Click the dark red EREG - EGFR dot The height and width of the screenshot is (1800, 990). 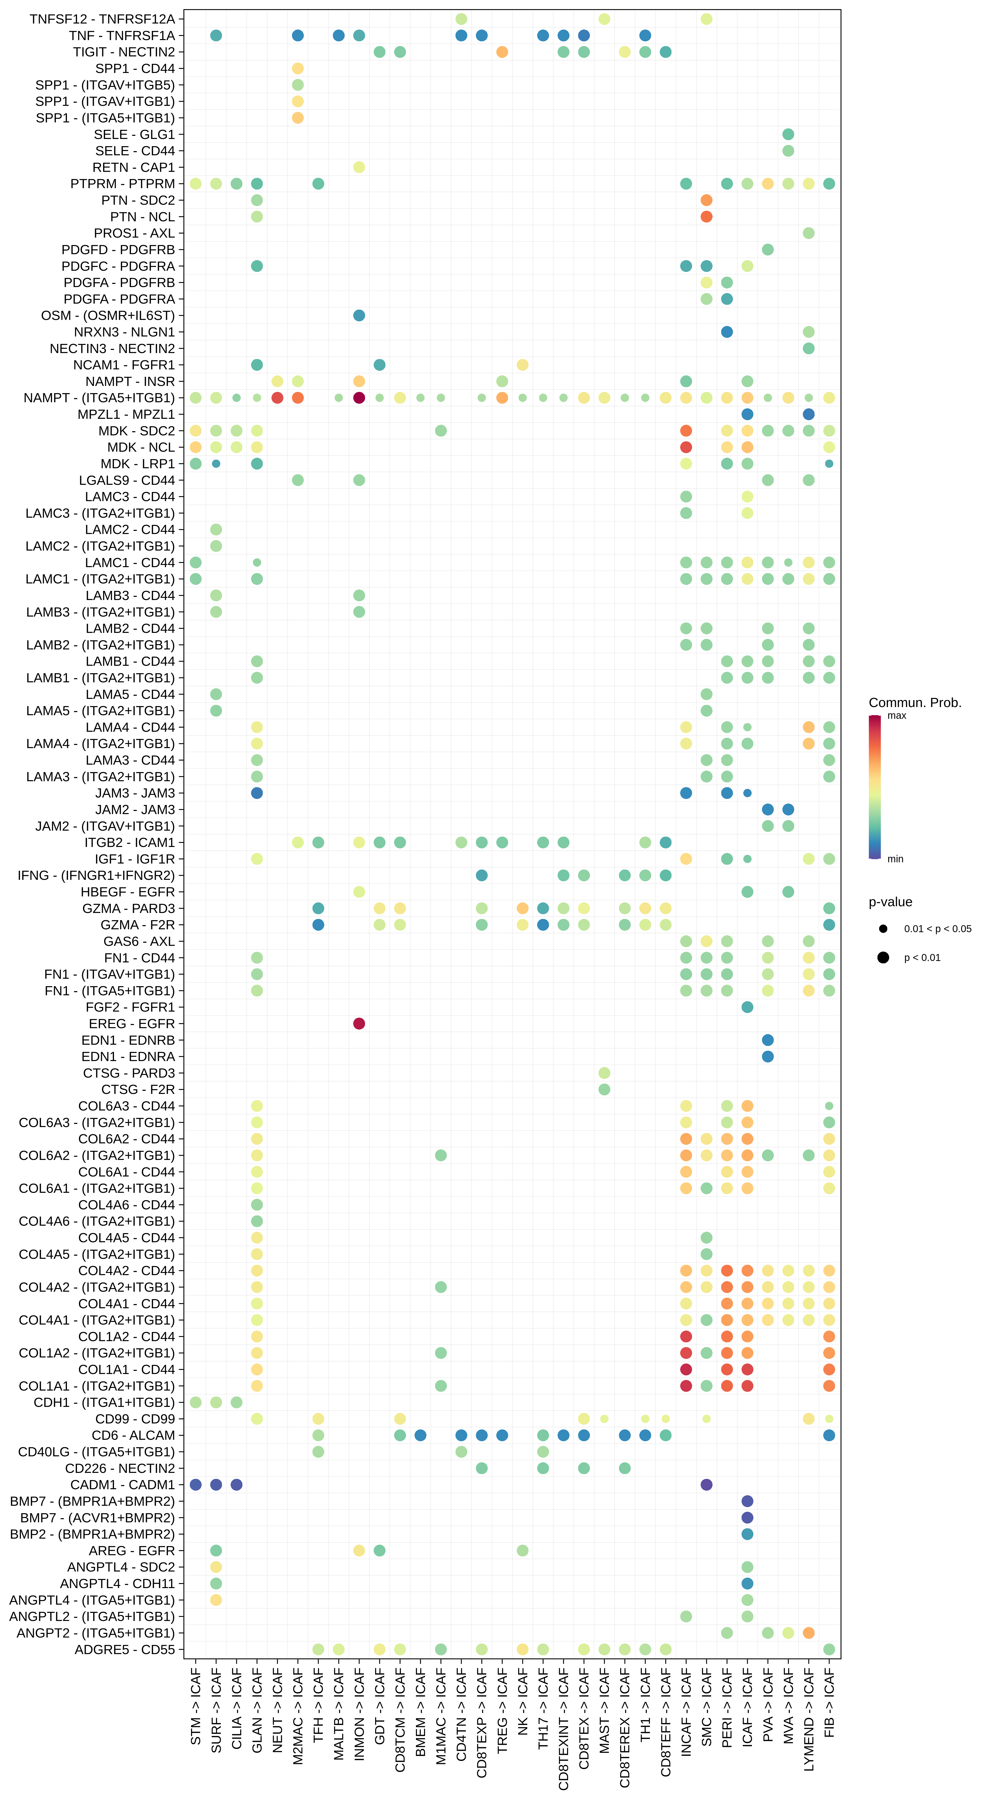coord(359,1024)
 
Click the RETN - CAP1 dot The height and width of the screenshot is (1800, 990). coord(359,167)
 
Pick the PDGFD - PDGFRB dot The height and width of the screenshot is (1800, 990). coord(768,249)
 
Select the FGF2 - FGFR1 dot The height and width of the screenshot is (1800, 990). coord(748,1007)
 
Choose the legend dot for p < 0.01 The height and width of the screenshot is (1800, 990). coord(883,957)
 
